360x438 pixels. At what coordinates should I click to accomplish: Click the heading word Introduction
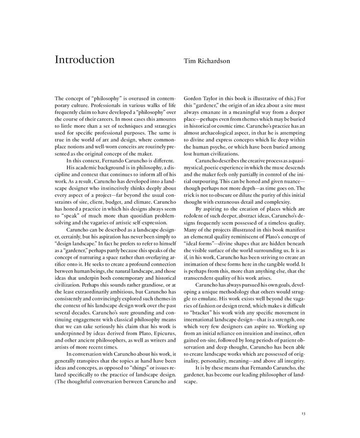(84, 60)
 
